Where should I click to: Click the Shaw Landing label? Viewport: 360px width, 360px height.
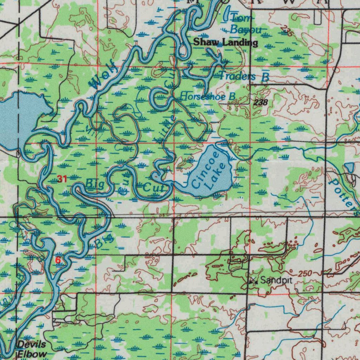click(225, 43)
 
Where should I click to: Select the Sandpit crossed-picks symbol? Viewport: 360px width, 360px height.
click(253, 281)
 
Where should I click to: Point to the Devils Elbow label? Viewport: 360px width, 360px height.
click(32, 349)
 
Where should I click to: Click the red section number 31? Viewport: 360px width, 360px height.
click(62, 179)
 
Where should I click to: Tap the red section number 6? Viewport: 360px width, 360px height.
click(58, 261)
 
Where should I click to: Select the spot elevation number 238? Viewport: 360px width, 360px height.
click(260, 102)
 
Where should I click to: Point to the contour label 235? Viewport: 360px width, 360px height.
click(287, 32)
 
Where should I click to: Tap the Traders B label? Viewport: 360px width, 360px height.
click(244, 76)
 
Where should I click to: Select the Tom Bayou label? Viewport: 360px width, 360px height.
click(245, 24)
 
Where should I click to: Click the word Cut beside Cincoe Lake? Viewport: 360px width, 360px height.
click(154, 188)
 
